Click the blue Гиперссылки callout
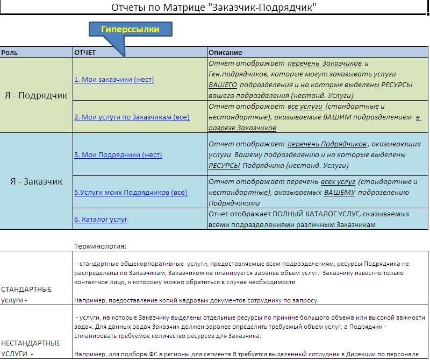point(130,29)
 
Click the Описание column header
point(226,53)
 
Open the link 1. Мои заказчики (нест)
point(114,80)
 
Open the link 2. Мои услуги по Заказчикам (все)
point(132,117)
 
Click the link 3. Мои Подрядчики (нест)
point(118,155)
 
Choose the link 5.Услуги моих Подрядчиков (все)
point(131,192)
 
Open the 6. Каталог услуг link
point(101,220)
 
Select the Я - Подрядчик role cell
point(37,96)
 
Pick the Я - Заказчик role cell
point(37,181)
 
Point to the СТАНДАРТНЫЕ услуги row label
point(27,294)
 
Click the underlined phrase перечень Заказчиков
point(325,63)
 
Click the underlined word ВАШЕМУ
point(339,192)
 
